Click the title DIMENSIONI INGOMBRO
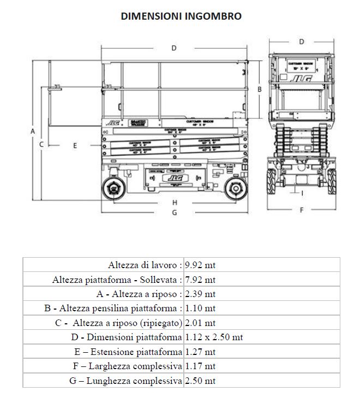coord(181,16)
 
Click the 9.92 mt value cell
coord(200,265)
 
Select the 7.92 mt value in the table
coord(200,280)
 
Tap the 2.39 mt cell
coord(200,294)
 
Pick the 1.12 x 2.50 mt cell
coord(214,337)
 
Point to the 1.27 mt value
coord(200,351)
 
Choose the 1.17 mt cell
coord(200,366)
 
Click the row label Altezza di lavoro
coord(145,265)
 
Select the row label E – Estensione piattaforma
coord(128,351)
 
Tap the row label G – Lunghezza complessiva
coord(125,380)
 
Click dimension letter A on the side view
coord(33,132)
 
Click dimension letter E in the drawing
coord(75,145)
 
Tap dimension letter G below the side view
coord(174,212)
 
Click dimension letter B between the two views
coord(260,88)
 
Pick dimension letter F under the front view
coord(301,210)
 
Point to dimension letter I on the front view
coord(302,192)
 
